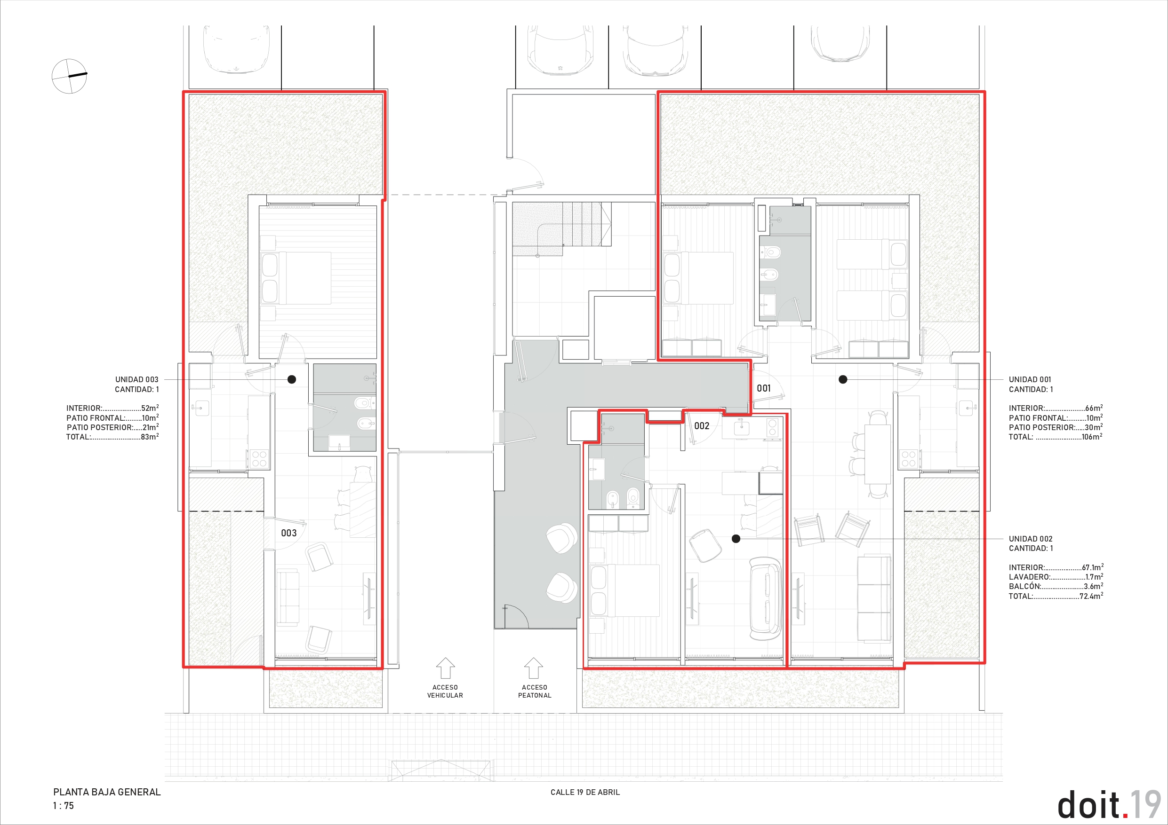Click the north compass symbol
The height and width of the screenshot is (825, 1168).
coord(69,76)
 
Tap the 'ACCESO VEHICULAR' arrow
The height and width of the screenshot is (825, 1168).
coord(445,668)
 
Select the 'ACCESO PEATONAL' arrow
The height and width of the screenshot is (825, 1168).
coord(534,668)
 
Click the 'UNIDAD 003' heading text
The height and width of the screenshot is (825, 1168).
coord(136,380)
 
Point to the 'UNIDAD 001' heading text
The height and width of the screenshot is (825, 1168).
coord(1030,380)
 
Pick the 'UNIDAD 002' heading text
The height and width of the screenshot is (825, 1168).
coord(1031,539)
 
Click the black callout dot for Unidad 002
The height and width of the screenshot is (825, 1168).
coord(736,539)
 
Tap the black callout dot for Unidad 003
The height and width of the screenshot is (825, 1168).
coord(291,379)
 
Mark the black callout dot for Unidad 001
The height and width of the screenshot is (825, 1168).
coord(843,379)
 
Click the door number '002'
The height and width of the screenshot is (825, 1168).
coord(702,426)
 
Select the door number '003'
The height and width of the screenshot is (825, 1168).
coord(289,533)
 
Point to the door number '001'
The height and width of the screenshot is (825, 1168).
coord(764,388)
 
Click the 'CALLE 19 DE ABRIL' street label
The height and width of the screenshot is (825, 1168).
coord(585,793)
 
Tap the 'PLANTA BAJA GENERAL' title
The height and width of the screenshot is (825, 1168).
coord(107,792)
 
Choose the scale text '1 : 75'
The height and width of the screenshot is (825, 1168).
coord(64,806)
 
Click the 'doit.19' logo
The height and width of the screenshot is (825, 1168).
coord(1109,805)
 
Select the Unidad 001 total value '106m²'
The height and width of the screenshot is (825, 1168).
coord(1092,437)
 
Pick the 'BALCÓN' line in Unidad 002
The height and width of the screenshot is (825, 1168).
coord(1056,587)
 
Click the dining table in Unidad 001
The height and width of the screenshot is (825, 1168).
coord(878,455)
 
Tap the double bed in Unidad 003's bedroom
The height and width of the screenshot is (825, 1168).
coord(296,278)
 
